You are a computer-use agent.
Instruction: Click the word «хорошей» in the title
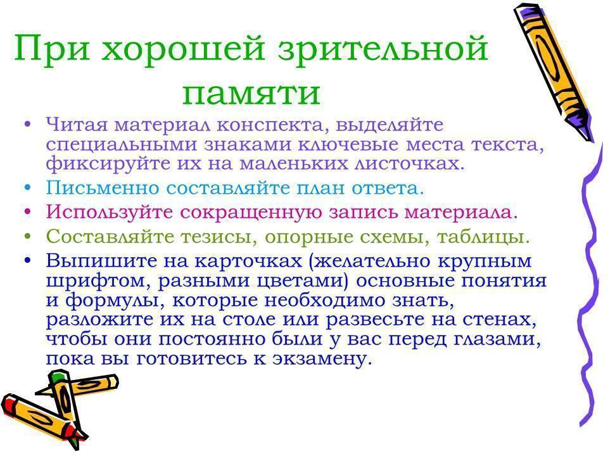183,49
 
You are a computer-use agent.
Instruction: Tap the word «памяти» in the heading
251,93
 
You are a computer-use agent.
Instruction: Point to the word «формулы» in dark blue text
113,300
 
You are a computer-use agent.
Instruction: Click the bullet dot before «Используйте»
27,213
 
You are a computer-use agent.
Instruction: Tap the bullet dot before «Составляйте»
27,236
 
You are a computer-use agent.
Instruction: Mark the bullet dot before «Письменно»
27,188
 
